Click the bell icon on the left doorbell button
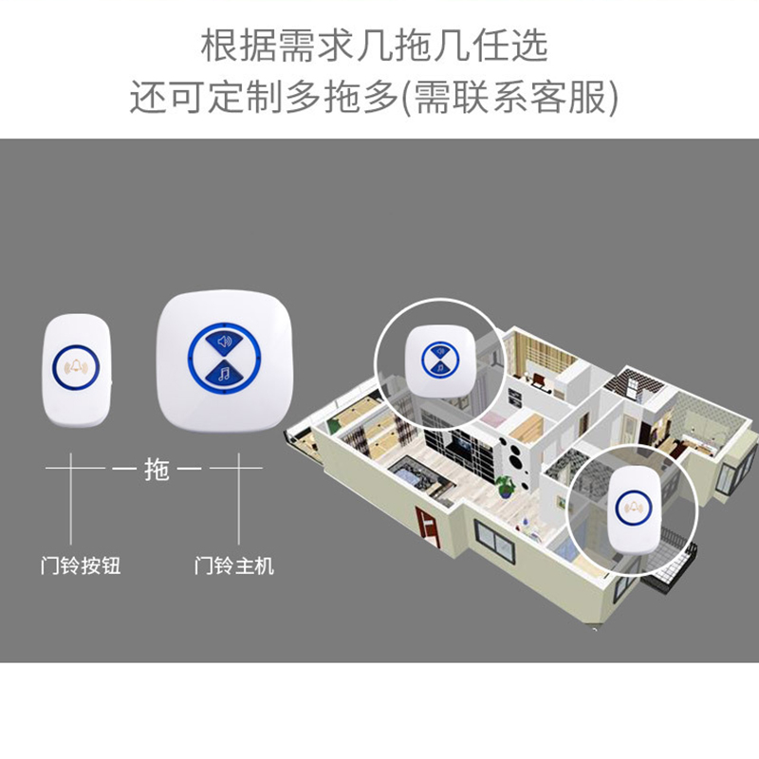tap(78, 365)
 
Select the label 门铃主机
tap(234, 566)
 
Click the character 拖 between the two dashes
tap(157, 469)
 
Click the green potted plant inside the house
tap(506, 486)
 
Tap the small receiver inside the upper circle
tap(438, 360)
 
